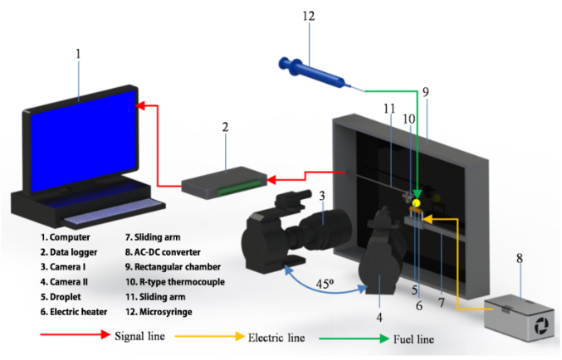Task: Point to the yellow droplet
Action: click(x=416, y=202)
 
